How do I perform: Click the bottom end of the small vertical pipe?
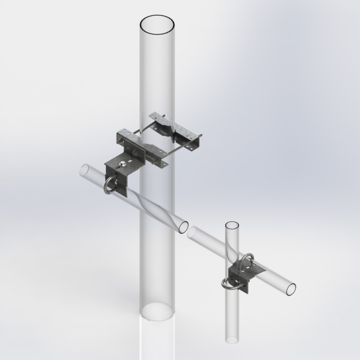coord(233,339)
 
